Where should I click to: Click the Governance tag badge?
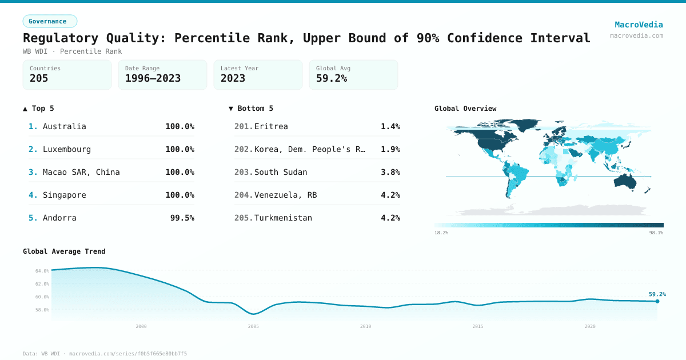[x=50, y=21]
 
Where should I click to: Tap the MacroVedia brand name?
[x=639, y=25]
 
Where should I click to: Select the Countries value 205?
[x=39, y=79]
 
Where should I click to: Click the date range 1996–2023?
[x=153, y=79]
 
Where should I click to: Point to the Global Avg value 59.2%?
[x=332, y=79]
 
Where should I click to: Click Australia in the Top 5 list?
[x=65, y=126]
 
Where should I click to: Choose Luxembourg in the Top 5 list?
[x=67, y=149]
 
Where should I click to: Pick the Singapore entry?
[x=65, y=195]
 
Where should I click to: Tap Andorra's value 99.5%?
[x=182, y=218]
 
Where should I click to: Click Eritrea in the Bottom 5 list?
[x=271, y=126]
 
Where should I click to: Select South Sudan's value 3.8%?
[x=390, y=172]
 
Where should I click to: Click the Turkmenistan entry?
[x=283, y=218]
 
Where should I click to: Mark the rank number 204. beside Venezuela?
[x=244, y=195]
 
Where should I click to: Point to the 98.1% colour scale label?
[x=656, y=233]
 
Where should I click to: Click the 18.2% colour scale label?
[x=441, y=233]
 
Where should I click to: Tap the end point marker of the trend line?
[x=657, y=301]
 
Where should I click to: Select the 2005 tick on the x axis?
[x=253, y=326]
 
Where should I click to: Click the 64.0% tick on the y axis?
[x=42, y=271]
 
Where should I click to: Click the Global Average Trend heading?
[x=64, y=251]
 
